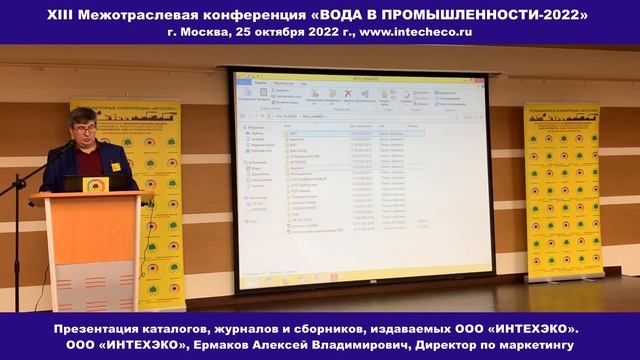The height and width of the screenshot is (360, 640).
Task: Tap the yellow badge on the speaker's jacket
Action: coord(115,167)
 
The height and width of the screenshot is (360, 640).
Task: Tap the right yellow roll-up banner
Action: coord(562,190)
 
